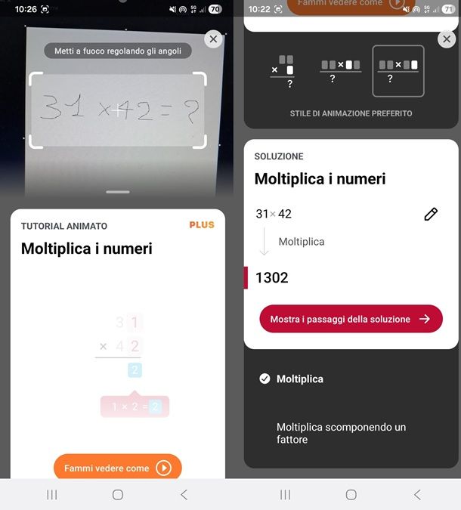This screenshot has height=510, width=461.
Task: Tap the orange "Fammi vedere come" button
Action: (117, 468)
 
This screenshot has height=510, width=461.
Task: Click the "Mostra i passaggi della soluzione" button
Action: (351, 319)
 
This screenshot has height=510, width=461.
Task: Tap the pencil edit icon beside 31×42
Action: (431, 214)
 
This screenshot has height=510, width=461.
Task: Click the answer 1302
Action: (272, 277)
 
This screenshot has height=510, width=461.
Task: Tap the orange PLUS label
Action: (202, 225)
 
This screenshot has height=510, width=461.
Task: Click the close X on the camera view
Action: (213, 39)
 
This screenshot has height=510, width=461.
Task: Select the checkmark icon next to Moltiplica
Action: (265, 379)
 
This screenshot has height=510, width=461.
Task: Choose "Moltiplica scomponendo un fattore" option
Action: (341, 433)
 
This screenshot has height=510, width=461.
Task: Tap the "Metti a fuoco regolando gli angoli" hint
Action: (118, 51)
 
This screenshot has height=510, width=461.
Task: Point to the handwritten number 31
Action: (62, 110)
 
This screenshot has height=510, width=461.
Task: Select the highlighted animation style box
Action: (398, 71)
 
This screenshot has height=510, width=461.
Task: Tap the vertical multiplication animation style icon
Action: (283, 71)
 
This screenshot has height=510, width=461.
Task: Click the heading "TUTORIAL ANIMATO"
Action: (64, 226)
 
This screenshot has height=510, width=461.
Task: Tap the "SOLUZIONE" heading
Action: (279, 156)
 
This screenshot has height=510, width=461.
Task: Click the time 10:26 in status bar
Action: (26, 9)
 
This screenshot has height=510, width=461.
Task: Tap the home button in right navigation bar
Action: (351, 494)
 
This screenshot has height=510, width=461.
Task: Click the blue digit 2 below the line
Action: (135, 370)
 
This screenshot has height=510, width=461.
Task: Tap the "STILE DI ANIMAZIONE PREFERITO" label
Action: (351, 113)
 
